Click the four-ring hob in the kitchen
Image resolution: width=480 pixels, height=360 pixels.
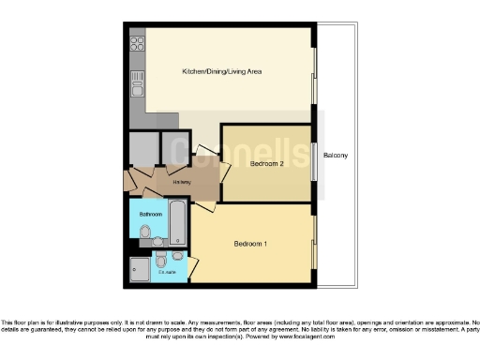pos(136,42)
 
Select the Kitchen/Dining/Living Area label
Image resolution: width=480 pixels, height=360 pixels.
pos(221,71)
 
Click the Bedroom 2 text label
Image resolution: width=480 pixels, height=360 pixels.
pos(267,163)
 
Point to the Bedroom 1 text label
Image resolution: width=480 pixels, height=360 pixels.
pos(250,245)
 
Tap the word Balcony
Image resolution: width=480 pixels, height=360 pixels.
pos(336,156)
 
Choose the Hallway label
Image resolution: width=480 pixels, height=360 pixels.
pos(182,182)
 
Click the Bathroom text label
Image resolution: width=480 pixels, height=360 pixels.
pos(151,215)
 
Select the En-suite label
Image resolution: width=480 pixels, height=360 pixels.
pos(168,273)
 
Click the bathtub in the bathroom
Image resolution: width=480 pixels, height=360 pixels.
pos(178,221)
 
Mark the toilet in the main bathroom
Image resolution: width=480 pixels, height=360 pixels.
pos(143,230)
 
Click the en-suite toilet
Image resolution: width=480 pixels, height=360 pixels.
pos(160,256)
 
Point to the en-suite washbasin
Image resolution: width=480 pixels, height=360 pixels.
pos(177,256)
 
